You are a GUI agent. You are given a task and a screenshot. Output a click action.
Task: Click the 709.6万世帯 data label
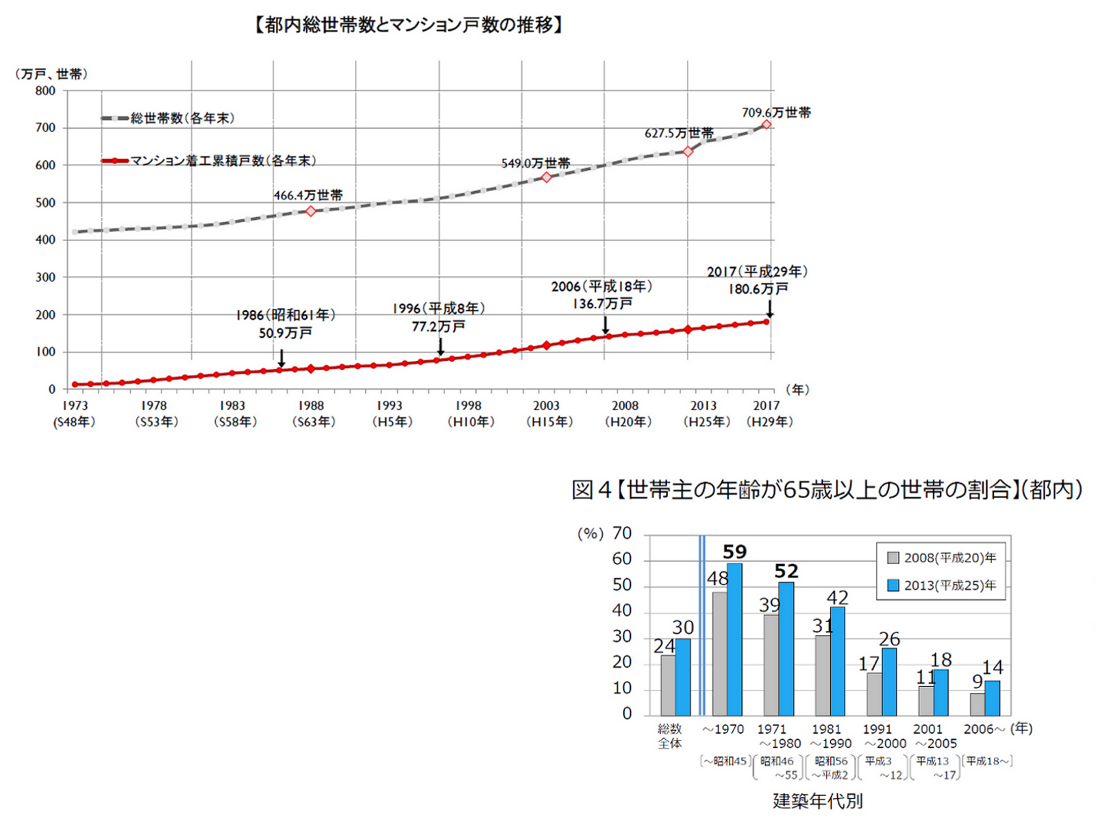click(x=776, y=112)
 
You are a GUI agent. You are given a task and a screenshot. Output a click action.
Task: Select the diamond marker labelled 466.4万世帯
click(x=310, y=211)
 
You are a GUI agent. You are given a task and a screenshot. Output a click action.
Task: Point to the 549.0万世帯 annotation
click(x=535, y=164)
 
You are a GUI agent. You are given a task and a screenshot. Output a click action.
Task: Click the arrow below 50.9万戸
click(x=281, y=358)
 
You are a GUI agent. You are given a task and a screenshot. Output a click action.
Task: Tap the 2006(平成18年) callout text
click(x=601, y=286)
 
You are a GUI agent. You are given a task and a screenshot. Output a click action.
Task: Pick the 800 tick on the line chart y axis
click(x=46, y=91)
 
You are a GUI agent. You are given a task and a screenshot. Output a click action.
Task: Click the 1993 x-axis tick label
click(x=389, y=406)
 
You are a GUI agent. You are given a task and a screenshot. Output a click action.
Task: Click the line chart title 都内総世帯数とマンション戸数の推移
click(x=408, y=26)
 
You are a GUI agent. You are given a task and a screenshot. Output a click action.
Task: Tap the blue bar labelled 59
click(x=734, y=639)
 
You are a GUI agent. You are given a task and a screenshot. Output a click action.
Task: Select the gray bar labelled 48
click(x=719, y=653)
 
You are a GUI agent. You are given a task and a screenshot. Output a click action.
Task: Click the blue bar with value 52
click(x=786, y=648)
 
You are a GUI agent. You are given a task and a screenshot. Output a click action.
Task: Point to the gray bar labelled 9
click(x=977, y=704)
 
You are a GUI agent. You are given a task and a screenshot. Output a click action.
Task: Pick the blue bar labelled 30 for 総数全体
click(x=683, y=677)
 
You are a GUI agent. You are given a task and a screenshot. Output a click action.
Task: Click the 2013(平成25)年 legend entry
click(x=942, y=586)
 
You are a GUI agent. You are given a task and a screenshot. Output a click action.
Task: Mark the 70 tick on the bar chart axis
click(x=622, y=534)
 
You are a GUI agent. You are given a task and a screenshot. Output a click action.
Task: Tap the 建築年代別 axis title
click(x=817, y=801)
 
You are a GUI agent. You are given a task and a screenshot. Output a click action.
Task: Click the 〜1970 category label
click(x=723, y=730)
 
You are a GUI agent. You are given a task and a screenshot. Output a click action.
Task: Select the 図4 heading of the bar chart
click(x=827, y=490)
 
